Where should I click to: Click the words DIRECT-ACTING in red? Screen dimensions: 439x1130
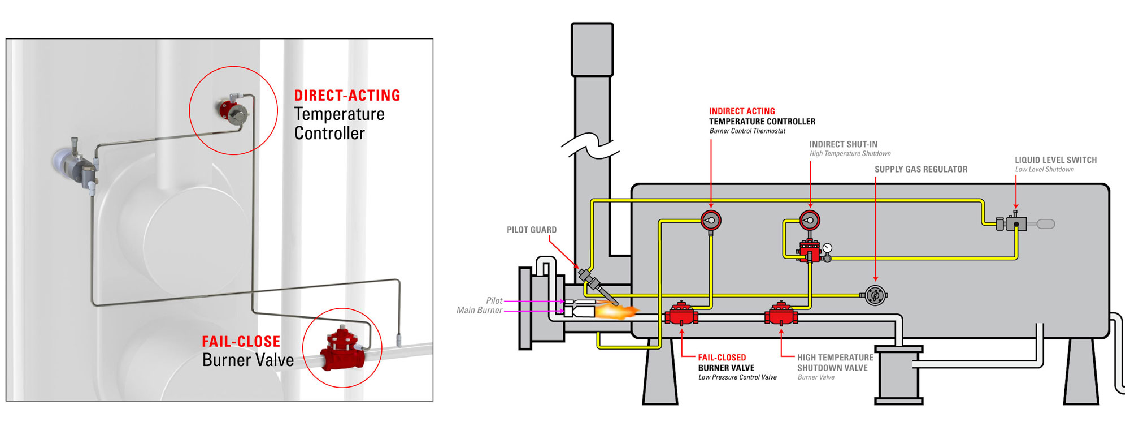(347, 96)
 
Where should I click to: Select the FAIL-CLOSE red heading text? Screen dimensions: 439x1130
(241, 342)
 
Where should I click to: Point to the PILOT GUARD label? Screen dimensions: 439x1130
(532, 230)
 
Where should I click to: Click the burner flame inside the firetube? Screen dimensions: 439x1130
(616, 310)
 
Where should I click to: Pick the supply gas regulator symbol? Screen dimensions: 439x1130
(875, 295)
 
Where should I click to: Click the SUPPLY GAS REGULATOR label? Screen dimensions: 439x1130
(921, 169)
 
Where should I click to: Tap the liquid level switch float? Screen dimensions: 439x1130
(1046, 224)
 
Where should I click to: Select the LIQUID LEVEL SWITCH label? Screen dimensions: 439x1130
(1055, 160)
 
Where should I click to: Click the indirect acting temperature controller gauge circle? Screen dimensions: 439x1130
(711, 220)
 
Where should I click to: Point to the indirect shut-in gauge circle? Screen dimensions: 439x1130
(810, 220)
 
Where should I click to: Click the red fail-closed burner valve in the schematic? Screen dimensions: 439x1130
(681, 313)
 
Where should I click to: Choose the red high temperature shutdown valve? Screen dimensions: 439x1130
(781, 313)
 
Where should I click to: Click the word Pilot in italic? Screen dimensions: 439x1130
(494, 301)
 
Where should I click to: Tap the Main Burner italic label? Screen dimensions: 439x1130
(479, 310)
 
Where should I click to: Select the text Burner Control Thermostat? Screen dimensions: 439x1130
(747, 131)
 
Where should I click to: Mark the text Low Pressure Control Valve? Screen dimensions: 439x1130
(737, 377)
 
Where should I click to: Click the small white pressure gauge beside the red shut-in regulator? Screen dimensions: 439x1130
(828, 248)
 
